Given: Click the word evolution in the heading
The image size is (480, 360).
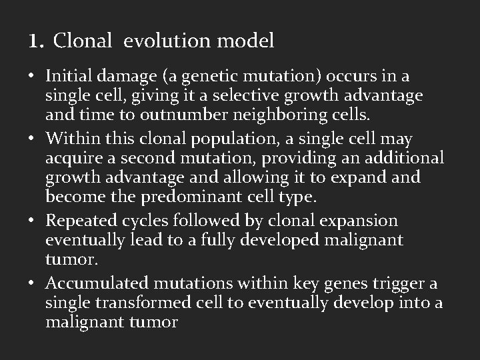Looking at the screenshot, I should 176,41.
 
